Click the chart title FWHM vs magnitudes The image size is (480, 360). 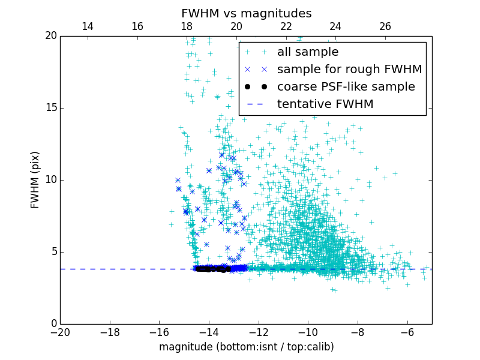click(x=246, y=13)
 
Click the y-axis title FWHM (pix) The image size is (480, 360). click(x=35, y=180)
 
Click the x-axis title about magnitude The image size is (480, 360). click(x=246, y=347)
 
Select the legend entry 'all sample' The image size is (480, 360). click(x=307, y=52)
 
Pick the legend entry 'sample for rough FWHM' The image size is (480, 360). click(x=349, y=70)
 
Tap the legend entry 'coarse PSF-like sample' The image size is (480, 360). click(x=346, y=87)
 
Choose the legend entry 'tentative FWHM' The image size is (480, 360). click(x=325, y=104)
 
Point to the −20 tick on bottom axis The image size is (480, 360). click(x=60, y=332)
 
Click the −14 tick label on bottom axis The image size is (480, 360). click(x=208, y=332)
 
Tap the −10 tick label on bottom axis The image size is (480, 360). click(x=307, y=332)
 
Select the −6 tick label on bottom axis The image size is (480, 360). click(x=407, y=332)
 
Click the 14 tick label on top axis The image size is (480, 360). click(x=88, y=26)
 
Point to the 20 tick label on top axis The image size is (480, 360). click(x=236, y=26)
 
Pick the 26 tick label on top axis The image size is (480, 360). click(x=385, y=26)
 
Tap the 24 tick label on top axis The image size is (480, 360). click(x=335, y=26)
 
